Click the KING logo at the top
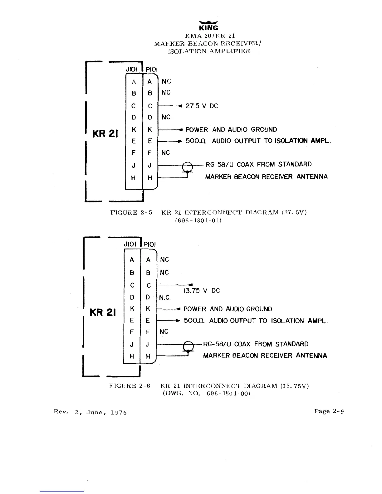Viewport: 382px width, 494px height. (x=208, y=26)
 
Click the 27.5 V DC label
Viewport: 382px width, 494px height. (x=202, y=106)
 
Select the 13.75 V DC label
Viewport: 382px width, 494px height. (x=202, y=291)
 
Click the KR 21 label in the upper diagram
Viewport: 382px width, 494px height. (x=104, y=134)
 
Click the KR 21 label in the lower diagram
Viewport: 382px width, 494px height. (x=103, y=312)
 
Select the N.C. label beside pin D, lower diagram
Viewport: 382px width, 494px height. (x=165, y=298)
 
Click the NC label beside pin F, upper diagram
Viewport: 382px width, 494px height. (x=165, y=153)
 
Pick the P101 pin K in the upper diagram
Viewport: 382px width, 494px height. (x=150, y=129)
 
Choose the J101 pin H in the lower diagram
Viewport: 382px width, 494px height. (x=132, y=356)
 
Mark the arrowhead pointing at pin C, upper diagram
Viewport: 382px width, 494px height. (x=179, y=106)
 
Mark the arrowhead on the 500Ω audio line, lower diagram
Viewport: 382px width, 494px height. (x=178, y=321)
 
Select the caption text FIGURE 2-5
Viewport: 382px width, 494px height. (x=131, y=213)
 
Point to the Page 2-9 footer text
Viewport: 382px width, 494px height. (x=329, y=411)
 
